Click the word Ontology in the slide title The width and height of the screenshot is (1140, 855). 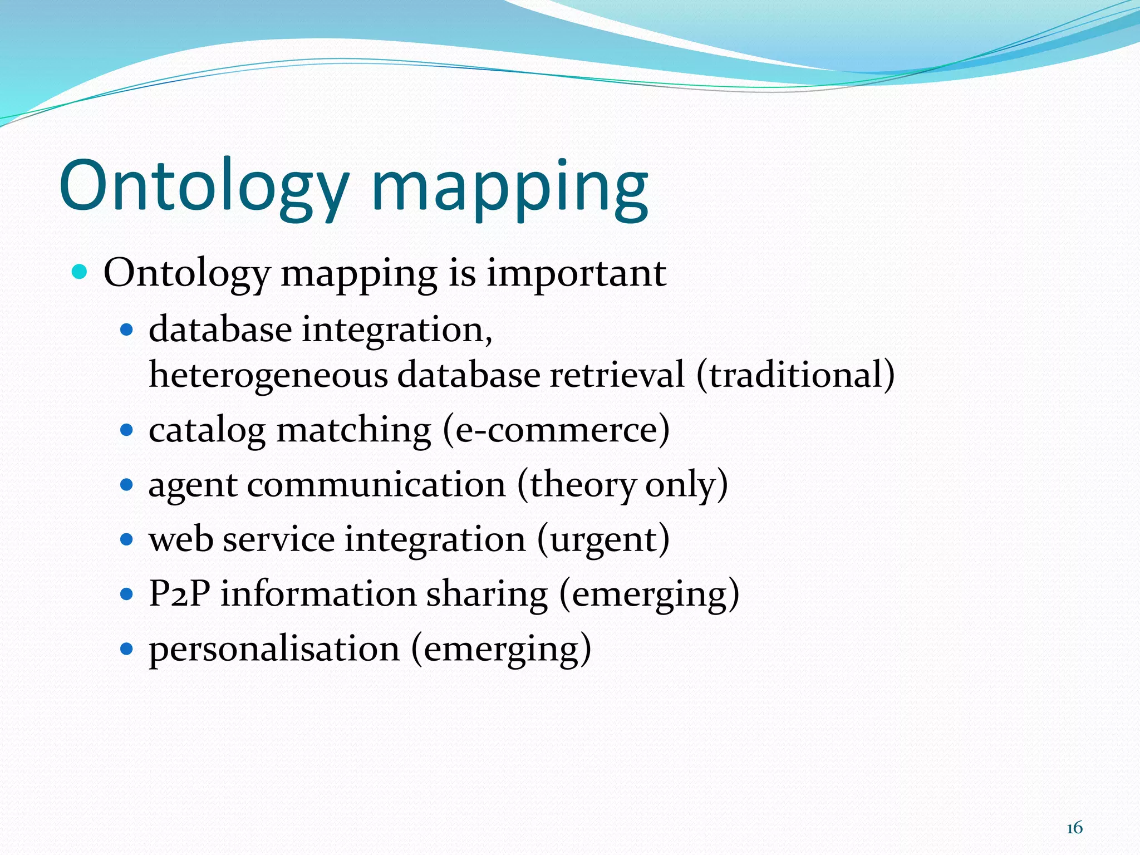click(204, 186)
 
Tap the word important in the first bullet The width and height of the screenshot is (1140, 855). click(576, 274)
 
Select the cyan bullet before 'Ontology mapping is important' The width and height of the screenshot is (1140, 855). click(80, 272)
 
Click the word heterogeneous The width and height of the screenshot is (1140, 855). click(268, 375)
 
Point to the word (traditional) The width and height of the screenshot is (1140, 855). click(795, 375)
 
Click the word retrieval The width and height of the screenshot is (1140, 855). click(617, 374)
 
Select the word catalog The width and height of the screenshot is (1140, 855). click(207, 431)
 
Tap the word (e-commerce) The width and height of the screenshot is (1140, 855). click(556, 430)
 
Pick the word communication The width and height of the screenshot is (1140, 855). click(376, 484)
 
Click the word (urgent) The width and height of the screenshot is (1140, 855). click(603, 539)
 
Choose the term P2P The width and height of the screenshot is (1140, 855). click(179, 593)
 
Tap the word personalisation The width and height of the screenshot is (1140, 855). click(274, 649)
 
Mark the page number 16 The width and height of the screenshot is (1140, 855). click(1074, 828)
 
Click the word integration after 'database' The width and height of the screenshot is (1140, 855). click(397, 330)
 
